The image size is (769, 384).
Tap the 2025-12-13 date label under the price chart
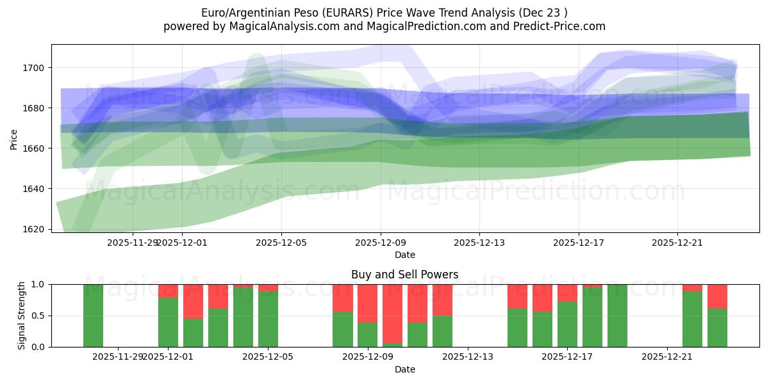point(479,243)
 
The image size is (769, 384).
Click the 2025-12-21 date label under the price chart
point(677,243)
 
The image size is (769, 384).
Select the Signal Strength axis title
point(22,315)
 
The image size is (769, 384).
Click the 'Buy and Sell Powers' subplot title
point(404,275)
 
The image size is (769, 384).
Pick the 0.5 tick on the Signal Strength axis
point(38,316)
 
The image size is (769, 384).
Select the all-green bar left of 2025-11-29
point(93,315)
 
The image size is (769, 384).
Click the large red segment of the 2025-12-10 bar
point(392,313)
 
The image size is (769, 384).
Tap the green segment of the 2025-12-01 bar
point(168,322)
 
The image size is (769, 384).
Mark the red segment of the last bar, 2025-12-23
point(717,296)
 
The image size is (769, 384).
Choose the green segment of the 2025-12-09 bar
point(367,334)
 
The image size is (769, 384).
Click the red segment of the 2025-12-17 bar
point(567,292)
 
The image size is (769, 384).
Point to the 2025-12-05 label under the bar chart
point(268,356)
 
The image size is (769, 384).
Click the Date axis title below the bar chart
point(404,369)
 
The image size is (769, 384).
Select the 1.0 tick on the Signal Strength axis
point(38,284)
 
